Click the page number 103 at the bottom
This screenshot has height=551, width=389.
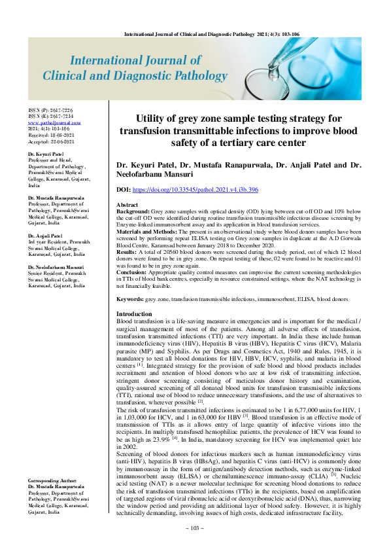point(194,545)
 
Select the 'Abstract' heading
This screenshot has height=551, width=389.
point(127,205)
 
